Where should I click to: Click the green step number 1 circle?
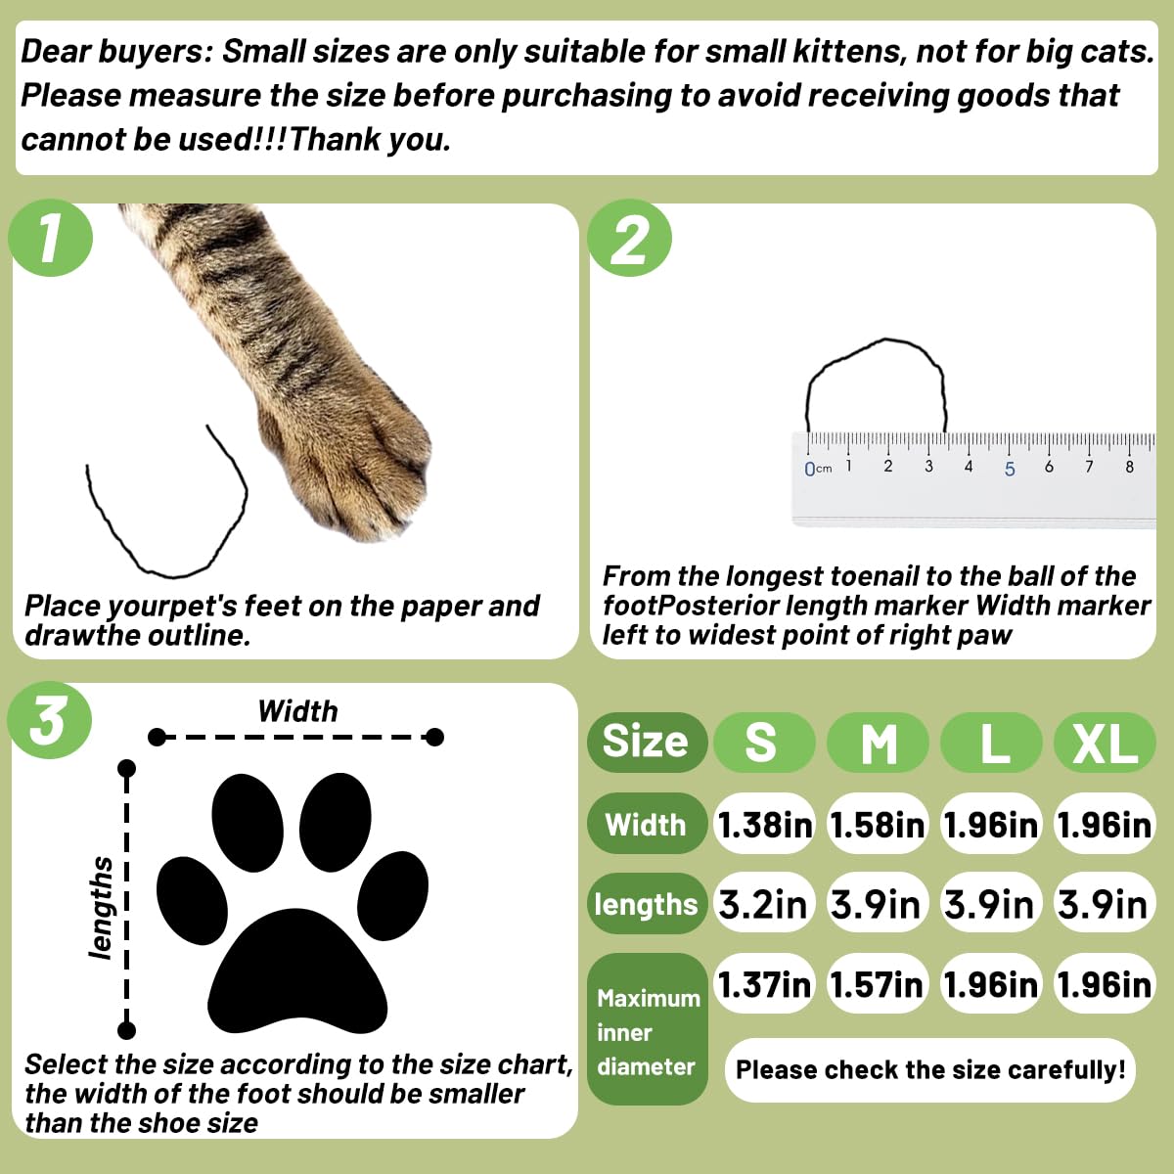point(51,238)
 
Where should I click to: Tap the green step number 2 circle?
point(629,238)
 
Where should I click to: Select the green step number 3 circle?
point(49,719)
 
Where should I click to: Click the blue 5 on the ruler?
point(1010,469)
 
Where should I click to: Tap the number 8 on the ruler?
point(1130,467)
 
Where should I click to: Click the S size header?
point(763,742)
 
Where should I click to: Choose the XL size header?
point(1105,742)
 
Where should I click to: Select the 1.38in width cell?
point(764,825)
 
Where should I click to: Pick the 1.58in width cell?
point(878,825)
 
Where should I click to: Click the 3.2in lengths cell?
point(764,904)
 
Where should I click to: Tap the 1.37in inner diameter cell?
point(764,984)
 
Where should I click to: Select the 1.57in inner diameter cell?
point(878,984)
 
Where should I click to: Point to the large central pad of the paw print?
point(296,972)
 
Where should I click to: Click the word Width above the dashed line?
point(297,711)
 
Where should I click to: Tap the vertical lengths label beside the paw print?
point(101,908)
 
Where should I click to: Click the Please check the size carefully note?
point(929,1070)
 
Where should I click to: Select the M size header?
point(878,742)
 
